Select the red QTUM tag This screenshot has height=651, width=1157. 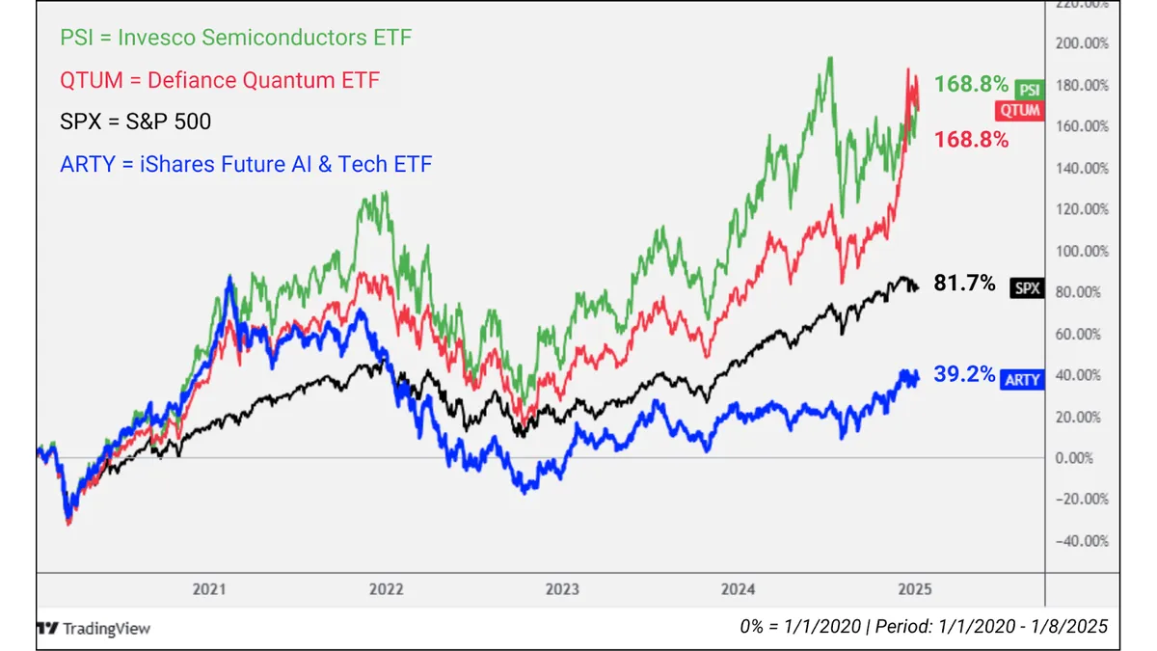[x=1018, y=110]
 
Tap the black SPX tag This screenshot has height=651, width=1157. [x=1028, y=287]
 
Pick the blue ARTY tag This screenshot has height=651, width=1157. [x=1023, y=379]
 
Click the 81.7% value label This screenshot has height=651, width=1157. [x=964, y=284]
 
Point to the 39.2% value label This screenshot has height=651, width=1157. [x=964, y=374]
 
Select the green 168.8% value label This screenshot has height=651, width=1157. [x=972, y=84]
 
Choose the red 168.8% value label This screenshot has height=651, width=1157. [x=972, y=140]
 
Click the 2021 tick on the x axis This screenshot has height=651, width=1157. [x=209, y=588]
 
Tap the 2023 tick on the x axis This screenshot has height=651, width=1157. [x=562, y=588]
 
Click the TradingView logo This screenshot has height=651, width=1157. [x=94, y=628]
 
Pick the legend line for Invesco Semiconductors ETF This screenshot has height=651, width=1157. [x=235, y=39]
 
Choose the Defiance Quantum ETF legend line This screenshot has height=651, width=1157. [x=220, y=79]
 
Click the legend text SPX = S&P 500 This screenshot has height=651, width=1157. [x=135, y=122]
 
